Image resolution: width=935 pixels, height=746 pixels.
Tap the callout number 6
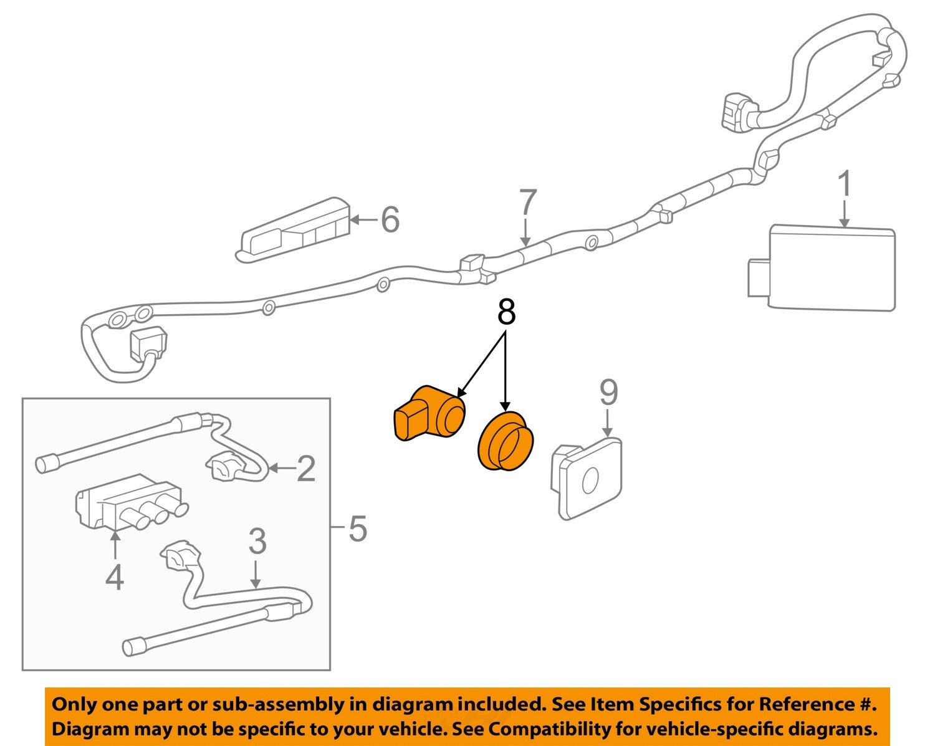[x=390, y=219]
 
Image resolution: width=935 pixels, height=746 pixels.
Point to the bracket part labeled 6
[x=293, y=231]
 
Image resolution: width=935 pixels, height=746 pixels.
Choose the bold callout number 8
[x=506, y=312]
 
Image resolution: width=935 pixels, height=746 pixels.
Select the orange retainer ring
[x=506, y=441]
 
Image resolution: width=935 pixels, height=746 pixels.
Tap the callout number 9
[x=608, y=393]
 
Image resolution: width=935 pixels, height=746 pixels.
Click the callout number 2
[x=306, y=469]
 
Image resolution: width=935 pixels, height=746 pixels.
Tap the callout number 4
[x=115, y=578]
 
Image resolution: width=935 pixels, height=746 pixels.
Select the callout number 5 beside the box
[x=357, y=528]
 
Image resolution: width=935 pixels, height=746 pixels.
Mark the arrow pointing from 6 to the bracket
[x=365, y=219]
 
